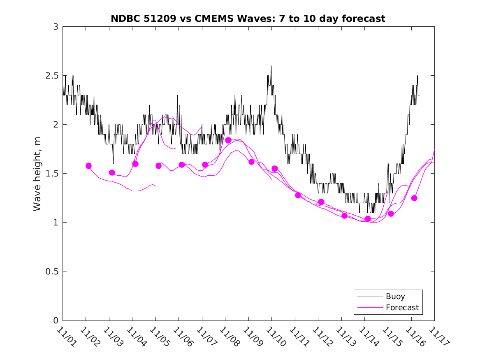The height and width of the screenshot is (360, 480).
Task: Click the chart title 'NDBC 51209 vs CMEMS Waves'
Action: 248,19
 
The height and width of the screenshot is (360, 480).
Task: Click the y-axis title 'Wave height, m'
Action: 37,174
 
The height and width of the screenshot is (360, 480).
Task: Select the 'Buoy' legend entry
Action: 395,297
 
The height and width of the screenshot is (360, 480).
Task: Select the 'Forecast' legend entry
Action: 402,307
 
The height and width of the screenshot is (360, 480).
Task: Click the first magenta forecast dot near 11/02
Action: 88,166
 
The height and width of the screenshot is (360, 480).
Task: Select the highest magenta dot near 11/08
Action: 228,140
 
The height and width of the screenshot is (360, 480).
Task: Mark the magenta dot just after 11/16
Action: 414,198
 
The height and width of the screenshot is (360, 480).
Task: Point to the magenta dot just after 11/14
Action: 368,218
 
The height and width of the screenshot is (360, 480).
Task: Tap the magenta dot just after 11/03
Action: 112,172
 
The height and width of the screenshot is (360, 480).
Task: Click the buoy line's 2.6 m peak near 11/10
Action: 271,66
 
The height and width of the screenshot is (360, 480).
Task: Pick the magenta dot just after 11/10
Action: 275,169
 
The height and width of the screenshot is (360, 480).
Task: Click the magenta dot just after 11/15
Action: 391,214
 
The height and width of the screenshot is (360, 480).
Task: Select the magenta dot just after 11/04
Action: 135,164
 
